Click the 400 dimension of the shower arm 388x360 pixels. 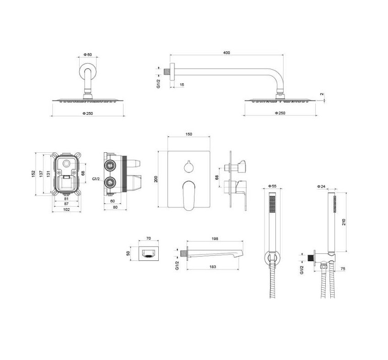pos(226,53)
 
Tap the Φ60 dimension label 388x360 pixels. pos(87,54)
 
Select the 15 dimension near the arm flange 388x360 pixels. pos(182,85)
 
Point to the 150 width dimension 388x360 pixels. pos(189,134)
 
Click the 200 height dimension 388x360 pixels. pos(156,179)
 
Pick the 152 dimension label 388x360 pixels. pos(33,174)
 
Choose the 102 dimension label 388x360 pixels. pos(66,210)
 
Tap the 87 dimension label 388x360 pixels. pos(66,204)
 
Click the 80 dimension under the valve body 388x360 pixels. pos(115,207)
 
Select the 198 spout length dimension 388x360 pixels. pos(215,239)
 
